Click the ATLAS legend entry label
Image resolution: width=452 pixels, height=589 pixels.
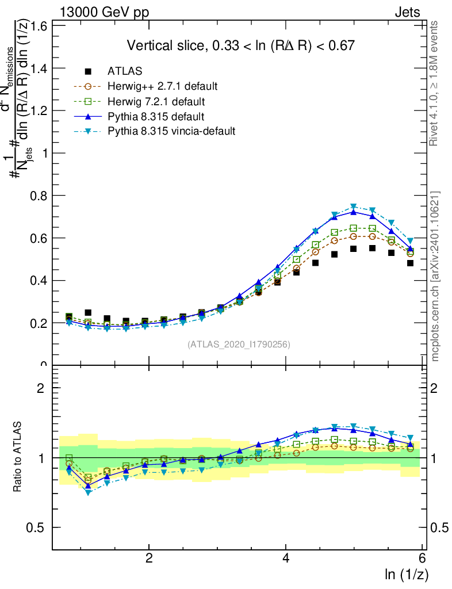click(x=125, y=71)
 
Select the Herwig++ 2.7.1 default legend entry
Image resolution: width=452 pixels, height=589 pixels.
click(x=162, y=86)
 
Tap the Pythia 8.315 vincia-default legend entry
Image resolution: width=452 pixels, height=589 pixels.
click(x=171, y=131)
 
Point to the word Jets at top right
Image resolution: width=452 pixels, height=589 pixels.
click(x=407, y=13)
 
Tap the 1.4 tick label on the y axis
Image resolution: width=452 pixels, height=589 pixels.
click(x=39, y=68)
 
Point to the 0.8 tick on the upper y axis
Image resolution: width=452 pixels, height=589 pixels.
click(x=39, y=196)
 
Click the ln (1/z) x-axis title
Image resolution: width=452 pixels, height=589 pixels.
click(x=407, y=574)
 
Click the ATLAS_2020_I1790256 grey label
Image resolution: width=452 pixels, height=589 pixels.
click(x=238, y=345)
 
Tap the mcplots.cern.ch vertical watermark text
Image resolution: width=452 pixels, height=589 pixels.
click(x=436, y=276)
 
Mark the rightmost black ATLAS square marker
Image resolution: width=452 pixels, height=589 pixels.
click(x=410, y=263)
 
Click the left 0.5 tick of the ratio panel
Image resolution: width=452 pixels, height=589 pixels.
click(x=39, y=527)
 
